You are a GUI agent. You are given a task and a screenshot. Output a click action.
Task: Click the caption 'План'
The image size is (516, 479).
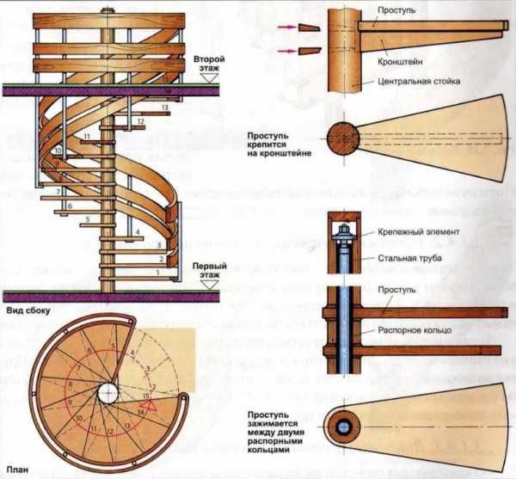pyautogui.click(x=15, y=470)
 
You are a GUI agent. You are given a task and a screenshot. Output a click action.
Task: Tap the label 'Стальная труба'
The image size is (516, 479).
pyautogui.click(x=402, y=256)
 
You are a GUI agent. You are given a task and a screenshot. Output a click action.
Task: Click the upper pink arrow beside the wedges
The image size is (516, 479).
pyautogui.click(x=285, y=27)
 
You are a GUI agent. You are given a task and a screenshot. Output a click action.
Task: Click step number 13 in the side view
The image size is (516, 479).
pyautogui.click(x=163, y=107)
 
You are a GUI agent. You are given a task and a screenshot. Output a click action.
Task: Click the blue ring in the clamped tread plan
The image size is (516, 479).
pyautogui.click(x=345, y=427)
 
